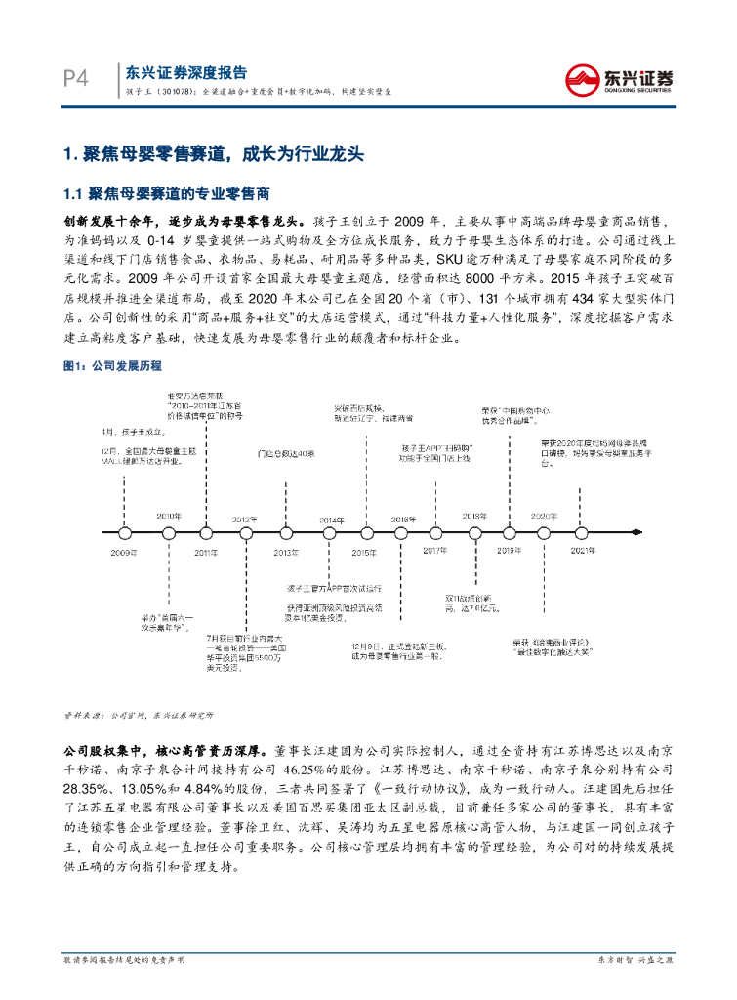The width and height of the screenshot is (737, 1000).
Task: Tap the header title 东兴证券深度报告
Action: click(x=185, y=72)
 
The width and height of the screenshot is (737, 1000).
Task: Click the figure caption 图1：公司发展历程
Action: click(x=112, y=366)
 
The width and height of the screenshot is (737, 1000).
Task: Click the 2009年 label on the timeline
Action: click(x=123, y=553)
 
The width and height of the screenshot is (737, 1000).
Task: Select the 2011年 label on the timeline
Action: click(x=205, y=553)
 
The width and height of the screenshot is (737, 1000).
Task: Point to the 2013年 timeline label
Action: click(x=286, y=553)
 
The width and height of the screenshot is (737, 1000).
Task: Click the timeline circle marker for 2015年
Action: click(x=365, y=534)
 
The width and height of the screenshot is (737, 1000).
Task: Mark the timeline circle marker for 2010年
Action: click(x=169, y=534)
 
